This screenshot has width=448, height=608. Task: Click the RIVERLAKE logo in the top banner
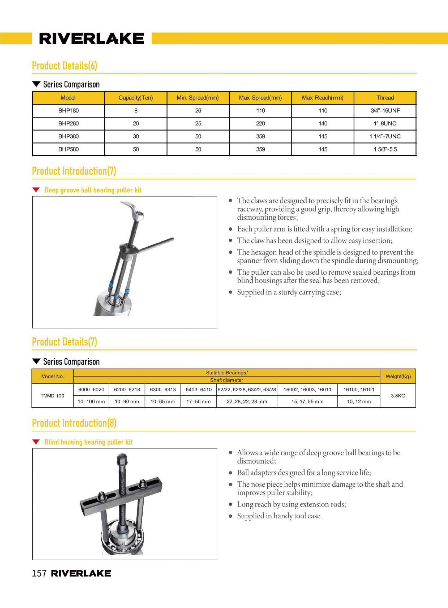click(92, 39)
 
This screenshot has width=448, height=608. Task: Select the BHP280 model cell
click(68, 124)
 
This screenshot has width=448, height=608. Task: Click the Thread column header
click(385, 98)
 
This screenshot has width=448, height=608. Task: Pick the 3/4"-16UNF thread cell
click(385, 110)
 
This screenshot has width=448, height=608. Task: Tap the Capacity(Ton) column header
click(136, 98)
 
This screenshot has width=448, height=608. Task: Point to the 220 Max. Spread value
click(260, 124)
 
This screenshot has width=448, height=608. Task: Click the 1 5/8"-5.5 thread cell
click(385, 149)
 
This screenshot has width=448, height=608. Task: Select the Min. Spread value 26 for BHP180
click(198, 110)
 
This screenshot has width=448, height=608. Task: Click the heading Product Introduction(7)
click(74, 171)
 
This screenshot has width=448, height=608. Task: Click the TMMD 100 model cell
click(52, 396)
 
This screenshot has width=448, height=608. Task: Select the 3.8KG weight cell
click(398, 396)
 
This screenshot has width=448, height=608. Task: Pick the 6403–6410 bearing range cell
click(199, 390)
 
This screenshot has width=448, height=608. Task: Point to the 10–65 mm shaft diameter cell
click(163, 401)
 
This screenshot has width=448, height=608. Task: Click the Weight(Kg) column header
click(398, 376)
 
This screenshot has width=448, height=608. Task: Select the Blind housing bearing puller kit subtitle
click(88, 442)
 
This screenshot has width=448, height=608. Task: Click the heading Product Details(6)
click(64, 66)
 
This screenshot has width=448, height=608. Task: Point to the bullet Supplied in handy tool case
click(279, 516)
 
